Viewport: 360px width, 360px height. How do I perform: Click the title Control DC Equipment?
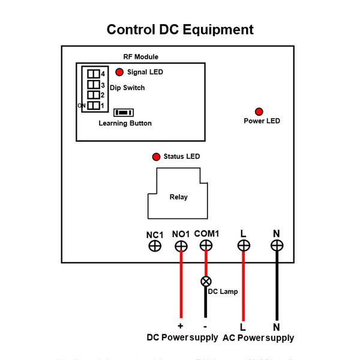(x=180, y=29)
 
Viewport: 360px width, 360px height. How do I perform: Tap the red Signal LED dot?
(x=119, y=72)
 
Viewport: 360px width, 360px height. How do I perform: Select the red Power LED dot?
(x=259, y=112)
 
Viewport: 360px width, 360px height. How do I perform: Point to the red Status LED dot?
(x=156, y=157)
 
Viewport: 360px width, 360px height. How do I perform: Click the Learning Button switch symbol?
(x=124, y=112)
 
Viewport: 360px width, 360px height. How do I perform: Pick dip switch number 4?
(x=94, y=74)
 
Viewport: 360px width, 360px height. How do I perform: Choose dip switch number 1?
(x=94, y=106)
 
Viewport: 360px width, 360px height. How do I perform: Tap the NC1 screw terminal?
(x=155, y=245)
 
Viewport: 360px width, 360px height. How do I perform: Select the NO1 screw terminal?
(x=181, y=245)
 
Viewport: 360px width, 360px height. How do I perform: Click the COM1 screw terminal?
(x=206, y=245)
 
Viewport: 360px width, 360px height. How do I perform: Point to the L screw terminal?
(x=244, y=245)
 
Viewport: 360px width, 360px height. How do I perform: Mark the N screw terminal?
(x=277, y=245)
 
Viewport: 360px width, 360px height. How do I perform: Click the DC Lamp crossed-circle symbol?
(x=206, y=281)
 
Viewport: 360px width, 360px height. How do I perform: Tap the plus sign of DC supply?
(x=180, y=326)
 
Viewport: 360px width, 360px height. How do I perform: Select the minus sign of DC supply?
(x=205, y=326)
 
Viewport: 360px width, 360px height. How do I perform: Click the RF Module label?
(x=141, y=57)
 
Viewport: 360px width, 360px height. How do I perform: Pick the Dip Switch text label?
(x=127, y=88)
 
